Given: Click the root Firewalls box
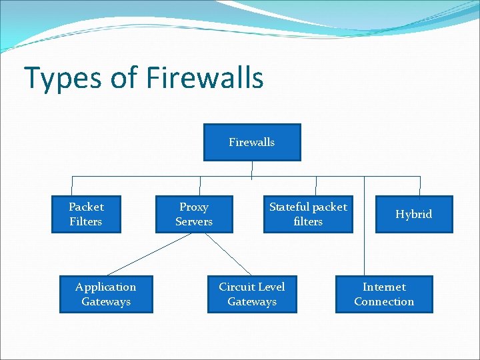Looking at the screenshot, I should [x=251, y=142].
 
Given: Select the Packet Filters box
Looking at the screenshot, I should [x=86, y=214].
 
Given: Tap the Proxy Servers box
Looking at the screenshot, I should [x=194, y=214].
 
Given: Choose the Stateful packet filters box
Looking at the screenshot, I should [x=308, y=214].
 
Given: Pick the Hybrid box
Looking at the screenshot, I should [x=413, y=214].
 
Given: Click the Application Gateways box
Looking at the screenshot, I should [x=105, y=294].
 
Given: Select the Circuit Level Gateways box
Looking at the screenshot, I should [x=251, y=294].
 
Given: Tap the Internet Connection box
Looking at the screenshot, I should [x=383, y=294].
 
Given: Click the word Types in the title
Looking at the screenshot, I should [x=61, y=79].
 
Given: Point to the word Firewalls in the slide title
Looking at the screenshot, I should [x=204, y=78].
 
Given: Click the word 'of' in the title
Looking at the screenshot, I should [x=123, y=78].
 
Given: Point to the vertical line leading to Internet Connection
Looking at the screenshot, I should [x=364, y=227].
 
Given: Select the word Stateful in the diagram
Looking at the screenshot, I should [x=289, y=207].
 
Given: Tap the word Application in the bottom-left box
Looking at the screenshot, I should [x=105, y=287].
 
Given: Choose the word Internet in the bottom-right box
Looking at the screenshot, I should [x=383, y=287].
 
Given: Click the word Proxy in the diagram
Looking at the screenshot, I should [x=194, y=207].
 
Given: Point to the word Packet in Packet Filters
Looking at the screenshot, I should [x=86, y=207].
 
